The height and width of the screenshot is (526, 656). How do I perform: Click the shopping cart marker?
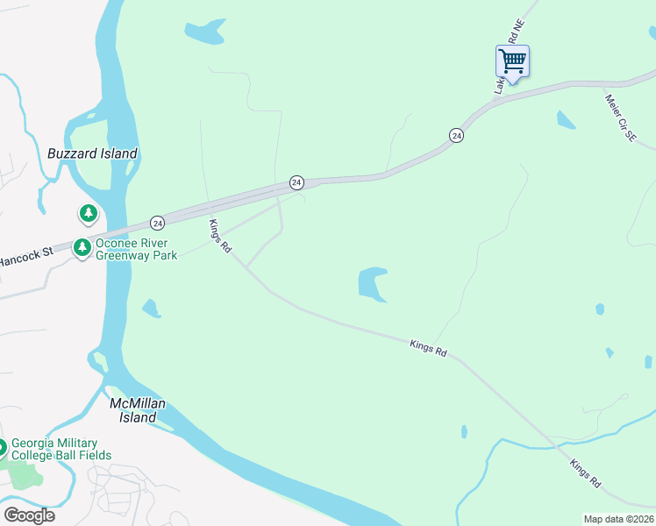tap(512, 62)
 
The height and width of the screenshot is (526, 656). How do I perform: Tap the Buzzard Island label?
tap(92, 153)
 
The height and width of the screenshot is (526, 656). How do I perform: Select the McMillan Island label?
tap(138, 410)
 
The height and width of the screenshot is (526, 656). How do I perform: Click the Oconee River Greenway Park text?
tap(137, 250)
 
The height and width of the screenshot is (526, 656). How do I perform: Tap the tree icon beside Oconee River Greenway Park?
tap(82, 248)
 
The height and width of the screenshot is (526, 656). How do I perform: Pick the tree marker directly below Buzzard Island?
tap(88, 213)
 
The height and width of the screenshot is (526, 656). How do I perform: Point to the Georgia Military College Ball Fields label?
tap(61, 449)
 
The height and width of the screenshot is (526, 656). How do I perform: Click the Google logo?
tap(29, 515)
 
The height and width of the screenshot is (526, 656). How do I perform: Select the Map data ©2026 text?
tap(618, 519)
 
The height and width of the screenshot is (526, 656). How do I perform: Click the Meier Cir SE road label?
tap(620, 119)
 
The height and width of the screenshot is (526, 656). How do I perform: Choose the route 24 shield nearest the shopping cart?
tap(456, 135)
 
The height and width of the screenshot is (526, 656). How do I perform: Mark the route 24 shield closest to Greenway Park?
tap(157, 223)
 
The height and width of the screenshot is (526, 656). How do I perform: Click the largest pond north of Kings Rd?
tap(373, 284)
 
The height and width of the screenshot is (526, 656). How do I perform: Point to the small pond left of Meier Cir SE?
tap(566, 120)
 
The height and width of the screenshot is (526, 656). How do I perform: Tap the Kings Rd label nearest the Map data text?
tap(585, 474)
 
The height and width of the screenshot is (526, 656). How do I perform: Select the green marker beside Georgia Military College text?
tap(3, 448)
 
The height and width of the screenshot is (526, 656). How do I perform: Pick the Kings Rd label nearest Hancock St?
tap(219, 237)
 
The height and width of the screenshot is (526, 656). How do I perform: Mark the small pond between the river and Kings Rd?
tap(151, 309)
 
